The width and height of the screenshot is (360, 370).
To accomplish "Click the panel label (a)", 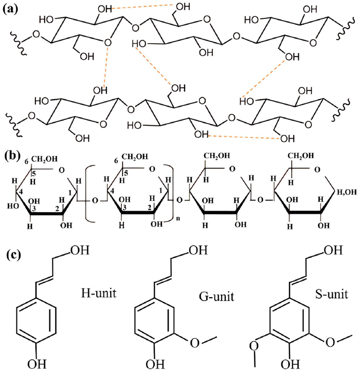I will coord(12,9).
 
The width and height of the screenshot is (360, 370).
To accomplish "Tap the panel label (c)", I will coord(12,255).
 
